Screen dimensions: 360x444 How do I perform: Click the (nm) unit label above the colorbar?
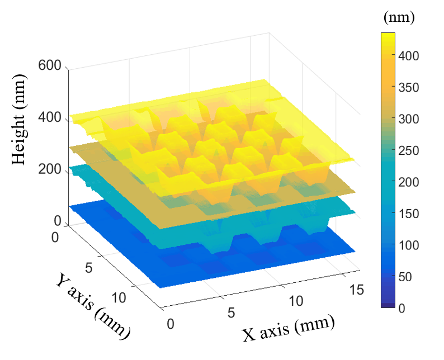(x=399, y=18)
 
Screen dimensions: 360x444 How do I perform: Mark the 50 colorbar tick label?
(x=407, y=276)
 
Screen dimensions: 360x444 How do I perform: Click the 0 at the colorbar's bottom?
(x=402, y=307)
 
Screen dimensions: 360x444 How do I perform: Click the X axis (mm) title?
(x=288, y=329)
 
